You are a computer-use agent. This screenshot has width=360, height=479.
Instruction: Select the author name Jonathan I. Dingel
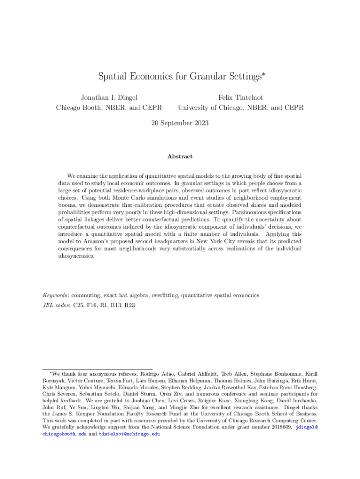(109, 98)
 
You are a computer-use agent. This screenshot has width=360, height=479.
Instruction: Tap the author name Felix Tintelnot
(241, 98)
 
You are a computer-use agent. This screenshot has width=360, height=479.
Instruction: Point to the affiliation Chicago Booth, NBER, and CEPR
(109, 108)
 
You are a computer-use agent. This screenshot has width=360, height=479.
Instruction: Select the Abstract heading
(180, 157)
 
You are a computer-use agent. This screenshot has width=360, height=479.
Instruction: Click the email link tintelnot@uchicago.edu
(129, 434)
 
